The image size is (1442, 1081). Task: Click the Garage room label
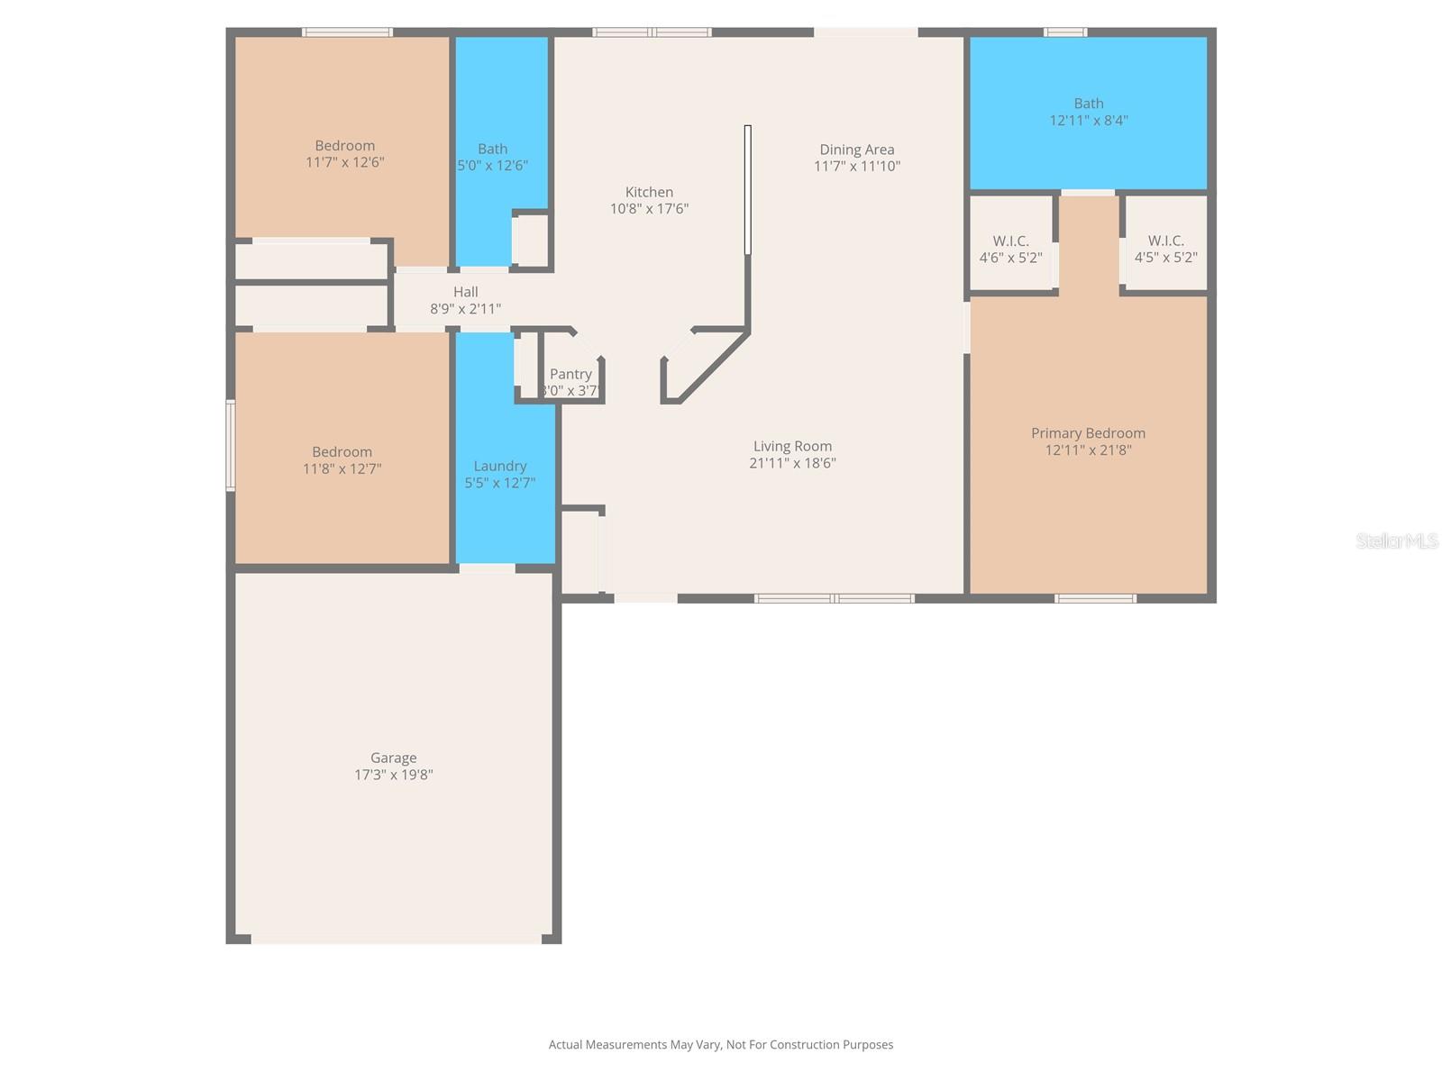click(x=393, y=758)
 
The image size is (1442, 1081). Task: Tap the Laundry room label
click(x=500, y=466)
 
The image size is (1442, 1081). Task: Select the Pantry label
click(x=570, y=374)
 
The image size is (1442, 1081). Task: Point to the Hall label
click(x=465, y=291)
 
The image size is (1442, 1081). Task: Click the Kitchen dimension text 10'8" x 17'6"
click(x=649, y=209)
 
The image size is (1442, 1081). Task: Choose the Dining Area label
click(x=857, y=150)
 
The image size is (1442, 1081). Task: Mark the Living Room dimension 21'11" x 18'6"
click(x=792, y=463)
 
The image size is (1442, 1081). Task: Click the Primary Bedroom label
click(x=1088, y=433)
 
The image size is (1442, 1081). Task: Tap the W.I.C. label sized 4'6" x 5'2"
click(x=1010, y=241)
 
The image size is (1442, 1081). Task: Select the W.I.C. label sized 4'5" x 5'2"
click(x=1165, y=241)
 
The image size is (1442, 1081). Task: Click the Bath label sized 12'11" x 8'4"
click(x=1089, y=104)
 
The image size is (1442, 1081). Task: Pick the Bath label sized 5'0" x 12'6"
click(x=492, y=149)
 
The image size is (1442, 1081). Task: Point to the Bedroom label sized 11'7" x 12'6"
click(x=344, y=146)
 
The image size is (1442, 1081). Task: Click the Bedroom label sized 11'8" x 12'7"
click(x=342, y=452)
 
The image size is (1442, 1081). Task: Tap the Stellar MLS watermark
click(x=1397, y=540)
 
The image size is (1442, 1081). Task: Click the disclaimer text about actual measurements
click(x=721, y=1044)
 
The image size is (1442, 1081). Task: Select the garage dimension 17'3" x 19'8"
click(x=394, y=775)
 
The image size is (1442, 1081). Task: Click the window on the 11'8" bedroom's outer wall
click(x=231, y=445)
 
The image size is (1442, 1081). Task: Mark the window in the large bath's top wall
click(x=1065, y=32)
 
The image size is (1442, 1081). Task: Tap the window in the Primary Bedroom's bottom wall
click(x=1095, y=598)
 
